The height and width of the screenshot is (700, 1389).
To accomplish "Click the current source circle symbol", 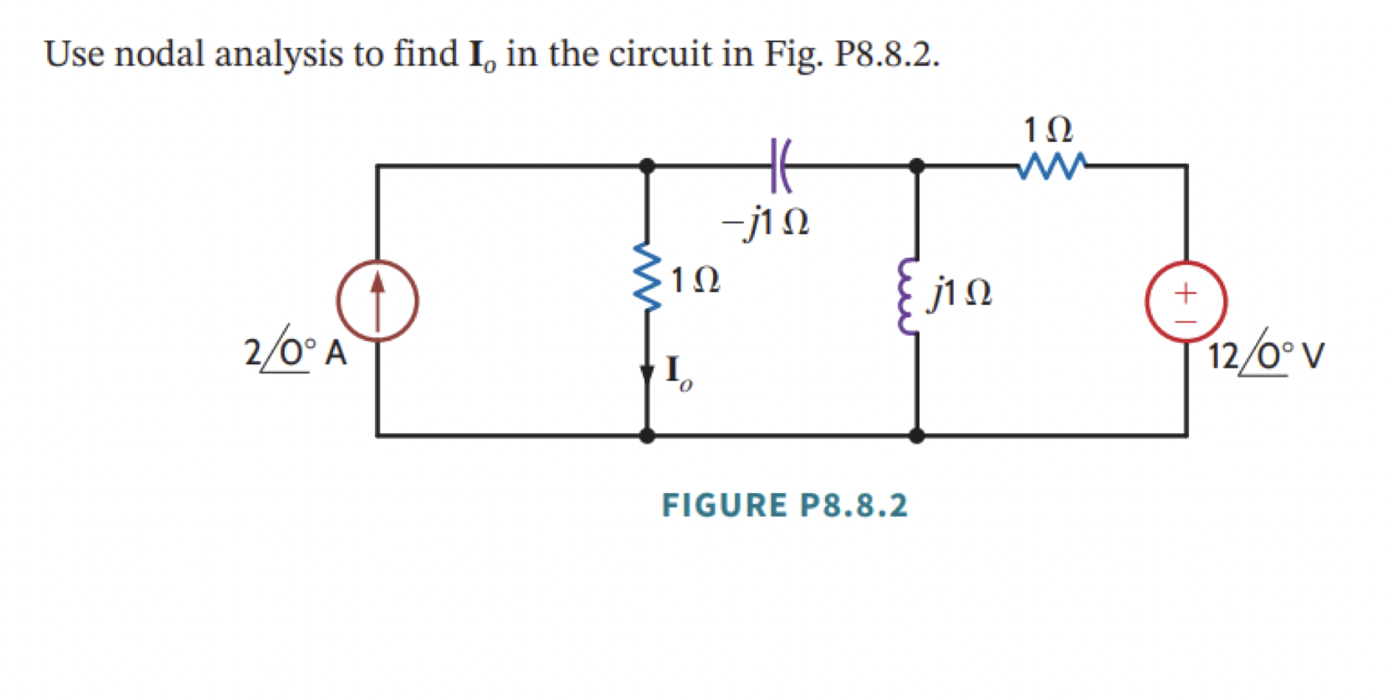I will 377,301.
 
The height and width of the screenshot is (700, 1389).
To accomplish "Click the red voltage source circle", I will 1186,301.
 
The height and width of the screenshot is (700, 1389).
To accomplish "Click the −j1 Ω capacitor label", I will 765,221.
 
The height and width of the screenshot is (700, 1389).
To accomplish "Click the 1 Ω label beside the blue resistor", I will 694,281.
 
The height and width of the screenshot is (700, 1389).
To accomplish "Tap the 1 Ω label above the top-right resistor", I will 1048,130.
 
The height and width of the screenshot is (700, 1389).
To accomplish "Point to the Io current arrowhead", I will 647,374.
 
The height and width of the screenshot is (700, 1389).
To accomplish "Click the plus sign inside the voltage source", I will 1185,292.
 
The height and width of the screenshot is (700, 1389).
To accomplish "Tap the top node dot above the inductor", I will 917,165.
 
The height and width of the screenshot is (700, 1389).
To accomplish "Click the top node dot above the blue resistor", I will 647,165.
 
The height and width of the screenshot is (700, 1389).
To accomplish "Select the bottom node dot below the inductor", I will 917,436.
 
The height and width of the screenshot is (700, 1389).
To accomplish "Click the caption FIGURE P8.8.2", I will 785,506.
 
